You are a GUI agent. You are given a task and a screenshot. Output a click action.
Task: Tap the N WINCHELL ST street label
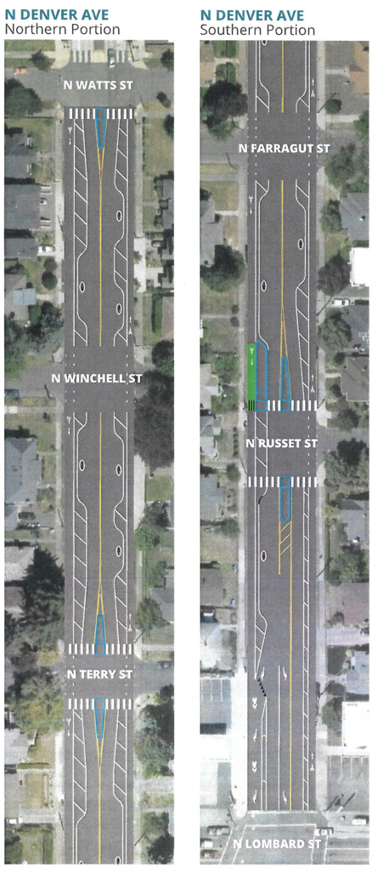pos(97,379)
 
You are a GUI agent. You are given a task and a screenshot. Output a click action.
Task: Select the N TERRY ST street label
pos(99,674)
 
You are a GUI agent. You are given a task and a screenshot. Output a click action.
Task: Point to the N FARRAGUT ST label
pos(285,149)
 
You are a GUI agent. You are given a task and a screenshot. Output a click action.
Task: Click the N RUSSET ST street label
pos(282,444)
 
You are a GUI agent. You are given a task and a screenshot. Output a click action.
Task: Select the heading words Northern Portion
pos(62,29)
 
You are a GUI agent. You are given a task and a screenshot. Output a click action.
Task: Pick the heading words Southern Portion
pos(257,29)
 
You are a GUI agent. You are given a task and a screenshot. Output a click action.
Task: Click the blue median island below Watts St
pos(101,127)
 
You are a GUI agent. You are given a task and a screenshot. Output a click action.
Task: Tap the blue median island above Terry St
pos(100,635)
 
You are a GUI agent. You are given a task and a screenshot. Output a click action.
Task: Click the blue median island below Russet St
pos(286,498)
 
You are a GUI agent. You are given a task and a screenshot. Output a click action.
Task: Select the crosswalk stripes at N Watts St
pos(101,113)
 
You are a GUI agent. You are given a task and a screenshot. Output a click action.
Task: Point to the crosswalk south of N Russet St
pos(282,482)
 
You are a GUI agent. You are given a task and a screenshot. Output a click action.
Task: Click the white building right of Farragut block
pos(361,266)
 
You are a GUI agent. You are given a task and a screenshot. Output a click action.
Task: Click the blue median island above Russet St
pos(285,383)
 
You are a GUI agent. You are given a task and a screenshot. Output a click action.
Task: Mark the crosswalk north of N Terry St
pos(100,648)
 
